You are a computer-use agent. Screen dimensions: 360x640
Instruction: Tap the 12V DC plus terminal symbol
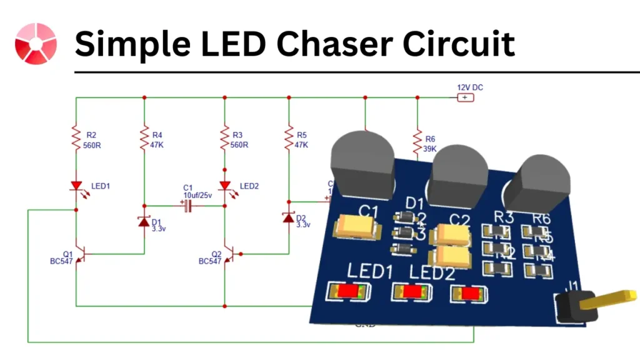[x=464, y=97]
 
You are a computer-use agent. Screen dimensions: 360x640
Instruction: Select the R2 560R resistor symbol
[x=76, y=136]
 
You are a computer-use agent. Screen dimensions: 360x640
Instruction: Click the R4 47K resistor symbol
[x=144, y=136]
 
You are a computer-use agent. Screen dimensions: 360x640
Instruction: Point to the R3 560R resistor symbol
[x=224, y=136]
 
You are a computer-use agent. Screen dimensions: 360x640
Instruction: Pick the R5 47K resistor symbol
[x=289, y=136]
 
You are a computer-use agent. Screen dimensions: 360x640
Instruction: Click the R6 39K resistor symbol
[x=417, y=141]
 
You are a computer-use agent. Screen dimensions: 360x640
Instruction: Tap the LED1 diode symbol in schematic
[x=76, y=186]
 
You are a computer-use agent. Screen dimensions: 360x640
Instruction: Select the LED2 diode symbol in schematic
[x=224, y=186]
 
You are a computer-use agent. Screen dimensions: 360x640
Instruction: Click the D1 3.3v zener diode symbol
[x=144, y=222]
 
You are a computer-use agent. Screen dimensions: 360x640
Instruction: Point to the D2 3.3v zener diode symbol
[x=289, y=218]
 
